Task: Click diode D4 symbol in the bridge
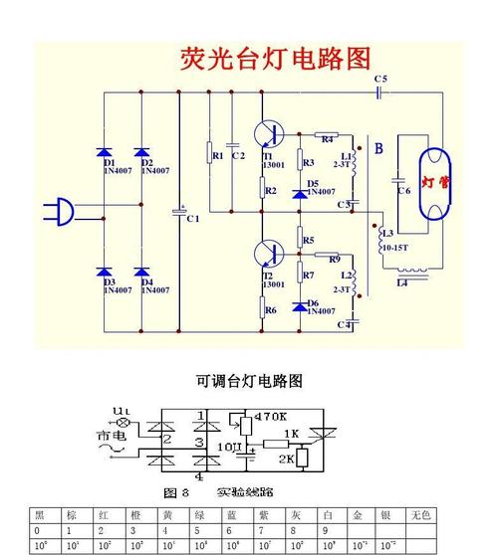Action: (x=140, y=271)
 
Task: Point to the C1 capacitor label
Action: (x=193, y=218)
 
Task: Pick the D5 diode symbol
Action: (x=299, y=189)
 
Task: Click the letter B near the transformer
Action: (x=378, y=149)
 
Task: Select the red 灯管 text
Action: (x=434, y=182)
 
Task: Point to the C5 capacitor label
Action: (x=380, y=79)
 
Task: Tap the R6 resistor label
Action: (x=270, y=310)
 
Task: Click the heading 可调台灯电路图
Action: (x=249, y=381)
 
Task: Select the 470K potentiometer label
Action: (x=270, y=415)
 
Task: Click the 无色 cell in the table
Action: (x=419, y=515)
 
